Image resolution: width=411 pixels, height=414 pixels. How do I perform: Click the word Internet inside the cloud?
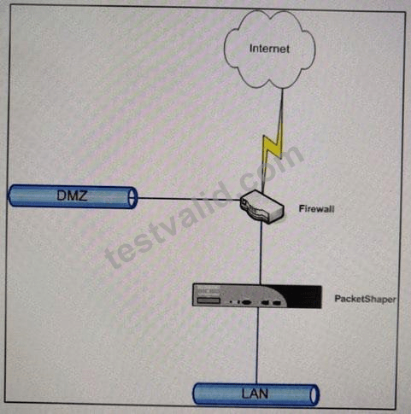click(x=269, y=49)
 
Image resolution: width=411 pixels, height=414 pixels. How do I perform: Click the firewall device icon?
click(x=261, y=207)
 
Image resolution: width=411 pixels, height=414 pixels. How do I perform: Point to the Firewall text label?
click(x=316, y=209)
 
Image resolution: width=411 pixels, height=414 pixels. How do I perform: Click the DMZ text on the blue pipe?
click(x=72, y=195)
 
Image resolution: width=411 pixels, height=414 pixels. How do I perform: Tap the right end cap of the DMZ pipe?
click(x=132, y=197)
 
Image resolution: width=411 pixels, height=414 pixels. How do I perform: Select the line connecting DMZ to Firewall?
click(x=189, y=199)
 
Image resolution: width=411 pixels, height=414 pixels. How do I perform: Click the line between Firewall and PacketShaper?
click(x=261, y=254)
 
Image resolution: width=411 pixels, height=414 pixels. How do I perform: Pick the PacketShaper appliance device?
click(x=257, y=295)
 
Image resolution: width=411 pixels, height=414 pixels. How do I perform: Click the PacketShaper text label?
click(x=365, y=300)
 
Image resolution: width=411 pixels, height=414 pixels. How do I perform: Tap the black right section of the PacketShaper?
click(x=306, y=296)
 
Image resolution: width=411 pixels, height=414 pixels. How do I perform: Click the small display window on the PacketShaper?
click(x=209, y=300)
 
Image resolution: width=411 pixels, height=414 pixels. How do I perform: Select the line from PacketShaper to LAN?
click(x=257, y=346)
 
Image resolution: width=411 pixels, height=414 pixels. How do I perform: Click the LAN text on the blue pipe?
click(x=255, y=394)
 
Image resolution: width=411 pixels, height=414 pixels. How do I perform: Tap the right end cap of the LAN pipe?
click(x=314, y=394)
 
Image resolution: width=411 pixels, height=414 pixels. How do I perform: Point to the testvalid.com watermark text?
click(x=204, y=207)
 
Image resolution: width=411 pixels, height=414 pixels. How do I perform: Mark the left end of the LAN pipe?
click(x=197, y=394)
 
